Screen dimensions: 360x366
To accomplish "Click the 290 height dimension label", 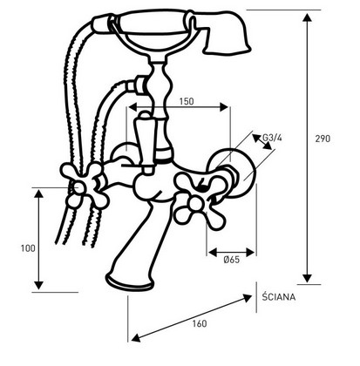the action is [x=323, y=139].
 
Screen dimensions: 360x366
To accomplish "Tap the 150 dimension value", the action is [x=187, y=101].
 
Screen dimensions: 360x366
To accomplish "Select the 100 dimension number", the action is [x=28, y=248].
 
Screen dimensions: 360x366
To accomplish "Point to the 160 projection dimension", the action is [x=200, y=323].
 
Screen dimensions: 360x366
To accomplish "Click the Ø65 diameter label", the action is [x=232, y=260].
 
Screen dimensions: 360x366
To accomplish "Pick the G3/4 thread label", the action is [x=272, y=138].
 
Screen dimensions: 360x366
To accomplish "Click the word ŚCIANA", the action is [x=279, y=296].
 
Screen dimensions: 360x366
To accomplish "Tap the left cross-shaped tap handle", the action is [x=85, y=186].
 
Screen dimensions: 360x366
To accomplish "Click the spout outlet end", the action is [x=129, y=281].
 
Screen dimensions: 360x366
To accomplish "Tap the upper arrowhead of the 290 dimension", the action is [x=307, y=17].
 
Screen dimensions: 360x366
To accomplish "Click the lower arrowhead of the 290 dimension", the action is [x=307, y=278].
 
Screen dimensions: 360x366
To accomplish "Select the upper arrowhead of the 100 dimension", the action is [x=38, y=193].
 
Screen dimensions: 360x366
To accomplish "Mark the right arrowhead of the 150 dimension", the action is [x=224, y=107].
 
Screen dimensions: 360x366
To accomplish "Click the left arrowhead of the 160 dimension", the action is [x=137, y=337].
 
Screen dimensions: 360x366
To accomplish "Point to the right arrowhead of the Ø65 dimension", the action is [x=250, y=253].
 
